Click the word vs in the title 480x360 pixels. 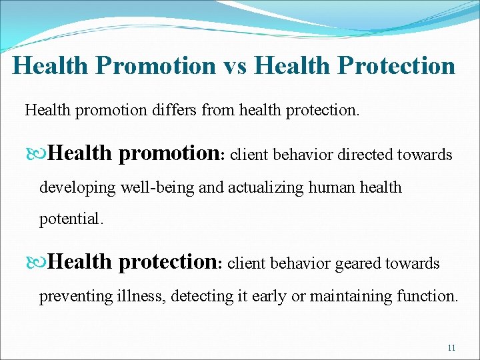pos(235,66)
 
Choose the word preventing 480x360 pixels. pos(73,295)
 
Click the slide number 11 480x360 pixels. pos(451,348)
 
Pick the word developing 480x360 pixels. pos(78,187)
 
